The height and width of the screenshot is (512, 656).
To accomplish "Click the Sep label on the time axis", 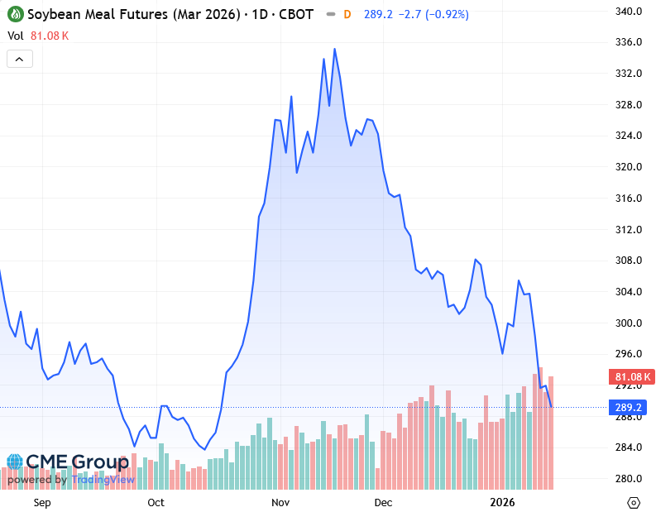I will click(42, 502).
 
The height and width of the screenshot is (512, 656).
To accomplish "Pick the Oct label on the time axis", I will click(156, 502).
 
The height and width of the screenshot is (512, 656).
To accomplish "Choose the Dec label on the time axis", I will click(382, 502).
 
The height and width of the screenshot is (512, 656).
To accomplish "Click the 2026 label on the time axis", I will click(503, 502).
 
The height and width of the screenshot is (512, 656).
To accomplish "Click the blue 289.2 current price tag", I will click(630, 408).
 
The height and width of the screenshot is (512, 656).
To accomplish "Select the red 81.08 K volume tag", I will click(632, 377).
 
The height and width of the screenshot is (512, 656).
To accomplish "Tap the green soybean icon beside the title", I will click(15, 15).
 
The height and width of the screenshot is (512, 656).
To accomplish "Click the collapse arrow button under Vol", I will click(20, 59).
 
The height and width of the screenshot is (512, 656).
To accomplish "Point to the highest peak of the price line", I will click(334, 49).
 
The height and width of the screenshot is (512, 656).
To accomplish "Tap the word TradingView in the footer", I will click(103, 480).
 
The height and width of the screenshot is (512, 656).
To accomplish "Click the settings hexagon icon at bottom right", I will click(634, 502).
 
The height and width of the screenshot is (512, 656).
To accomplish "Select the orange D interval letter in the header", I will click(347, 15).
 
